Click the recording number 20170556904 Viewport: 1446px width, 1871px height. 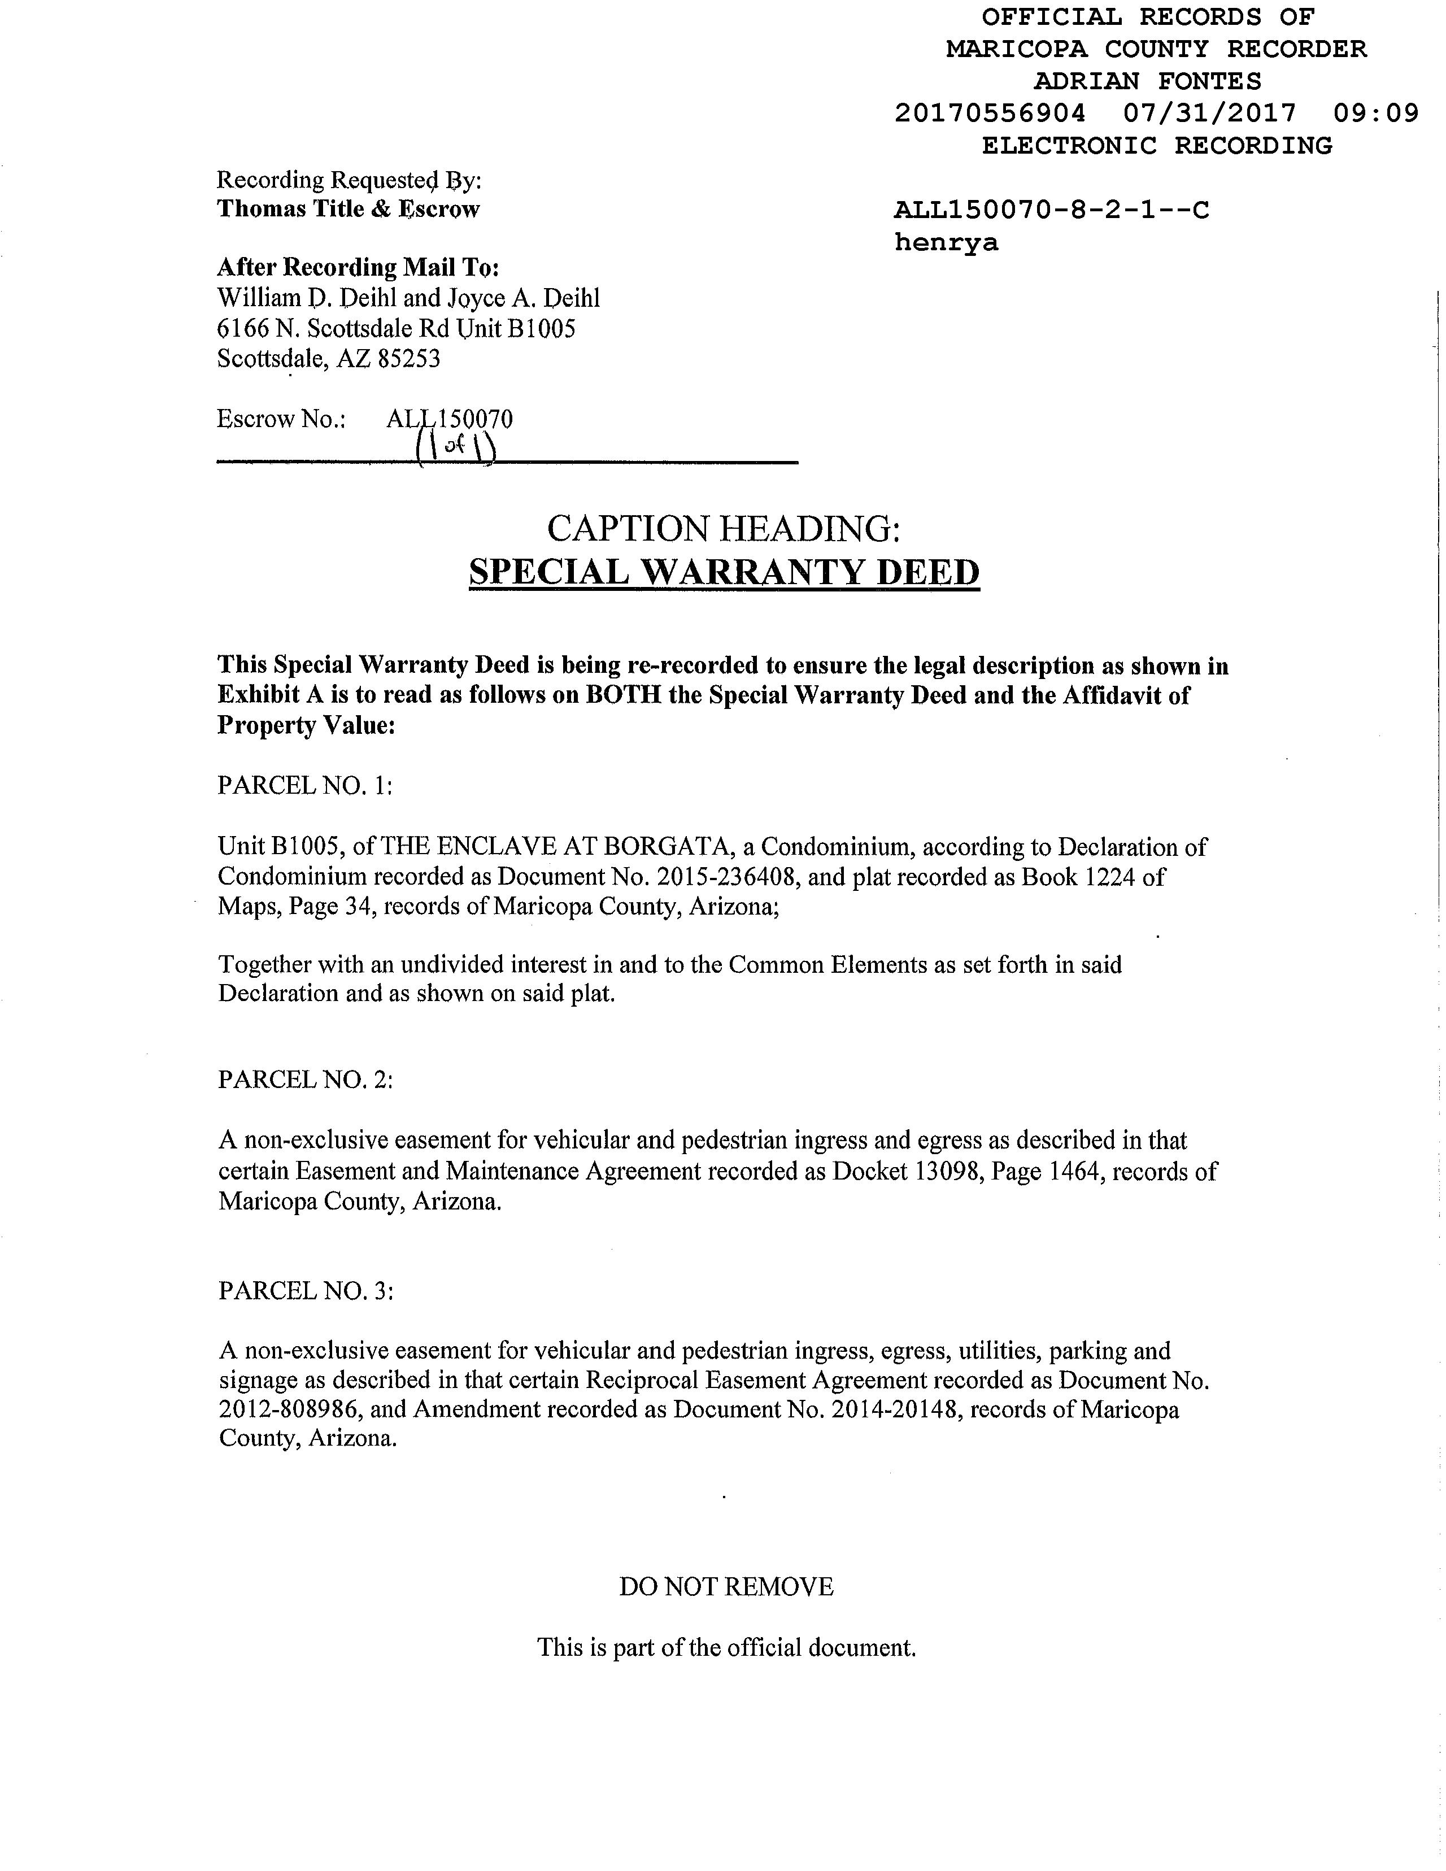(990, 113)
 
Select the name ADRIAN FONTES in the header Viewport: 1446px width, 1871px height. (1147, 81)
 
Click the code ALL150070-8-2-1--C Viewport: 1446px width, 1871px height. (1051, 210)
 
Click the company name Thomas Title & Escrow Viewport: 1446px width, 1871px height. (348, 209)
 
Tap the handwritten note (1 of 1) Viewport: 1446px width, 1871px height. (456, 446)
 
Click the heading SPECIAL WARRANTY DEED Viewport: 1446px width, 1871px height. (724, 572)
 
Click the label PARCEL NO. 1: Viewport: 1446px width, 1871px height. (305, 786)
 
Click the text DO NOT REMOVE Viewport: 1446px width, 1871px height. (726, 1587)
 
